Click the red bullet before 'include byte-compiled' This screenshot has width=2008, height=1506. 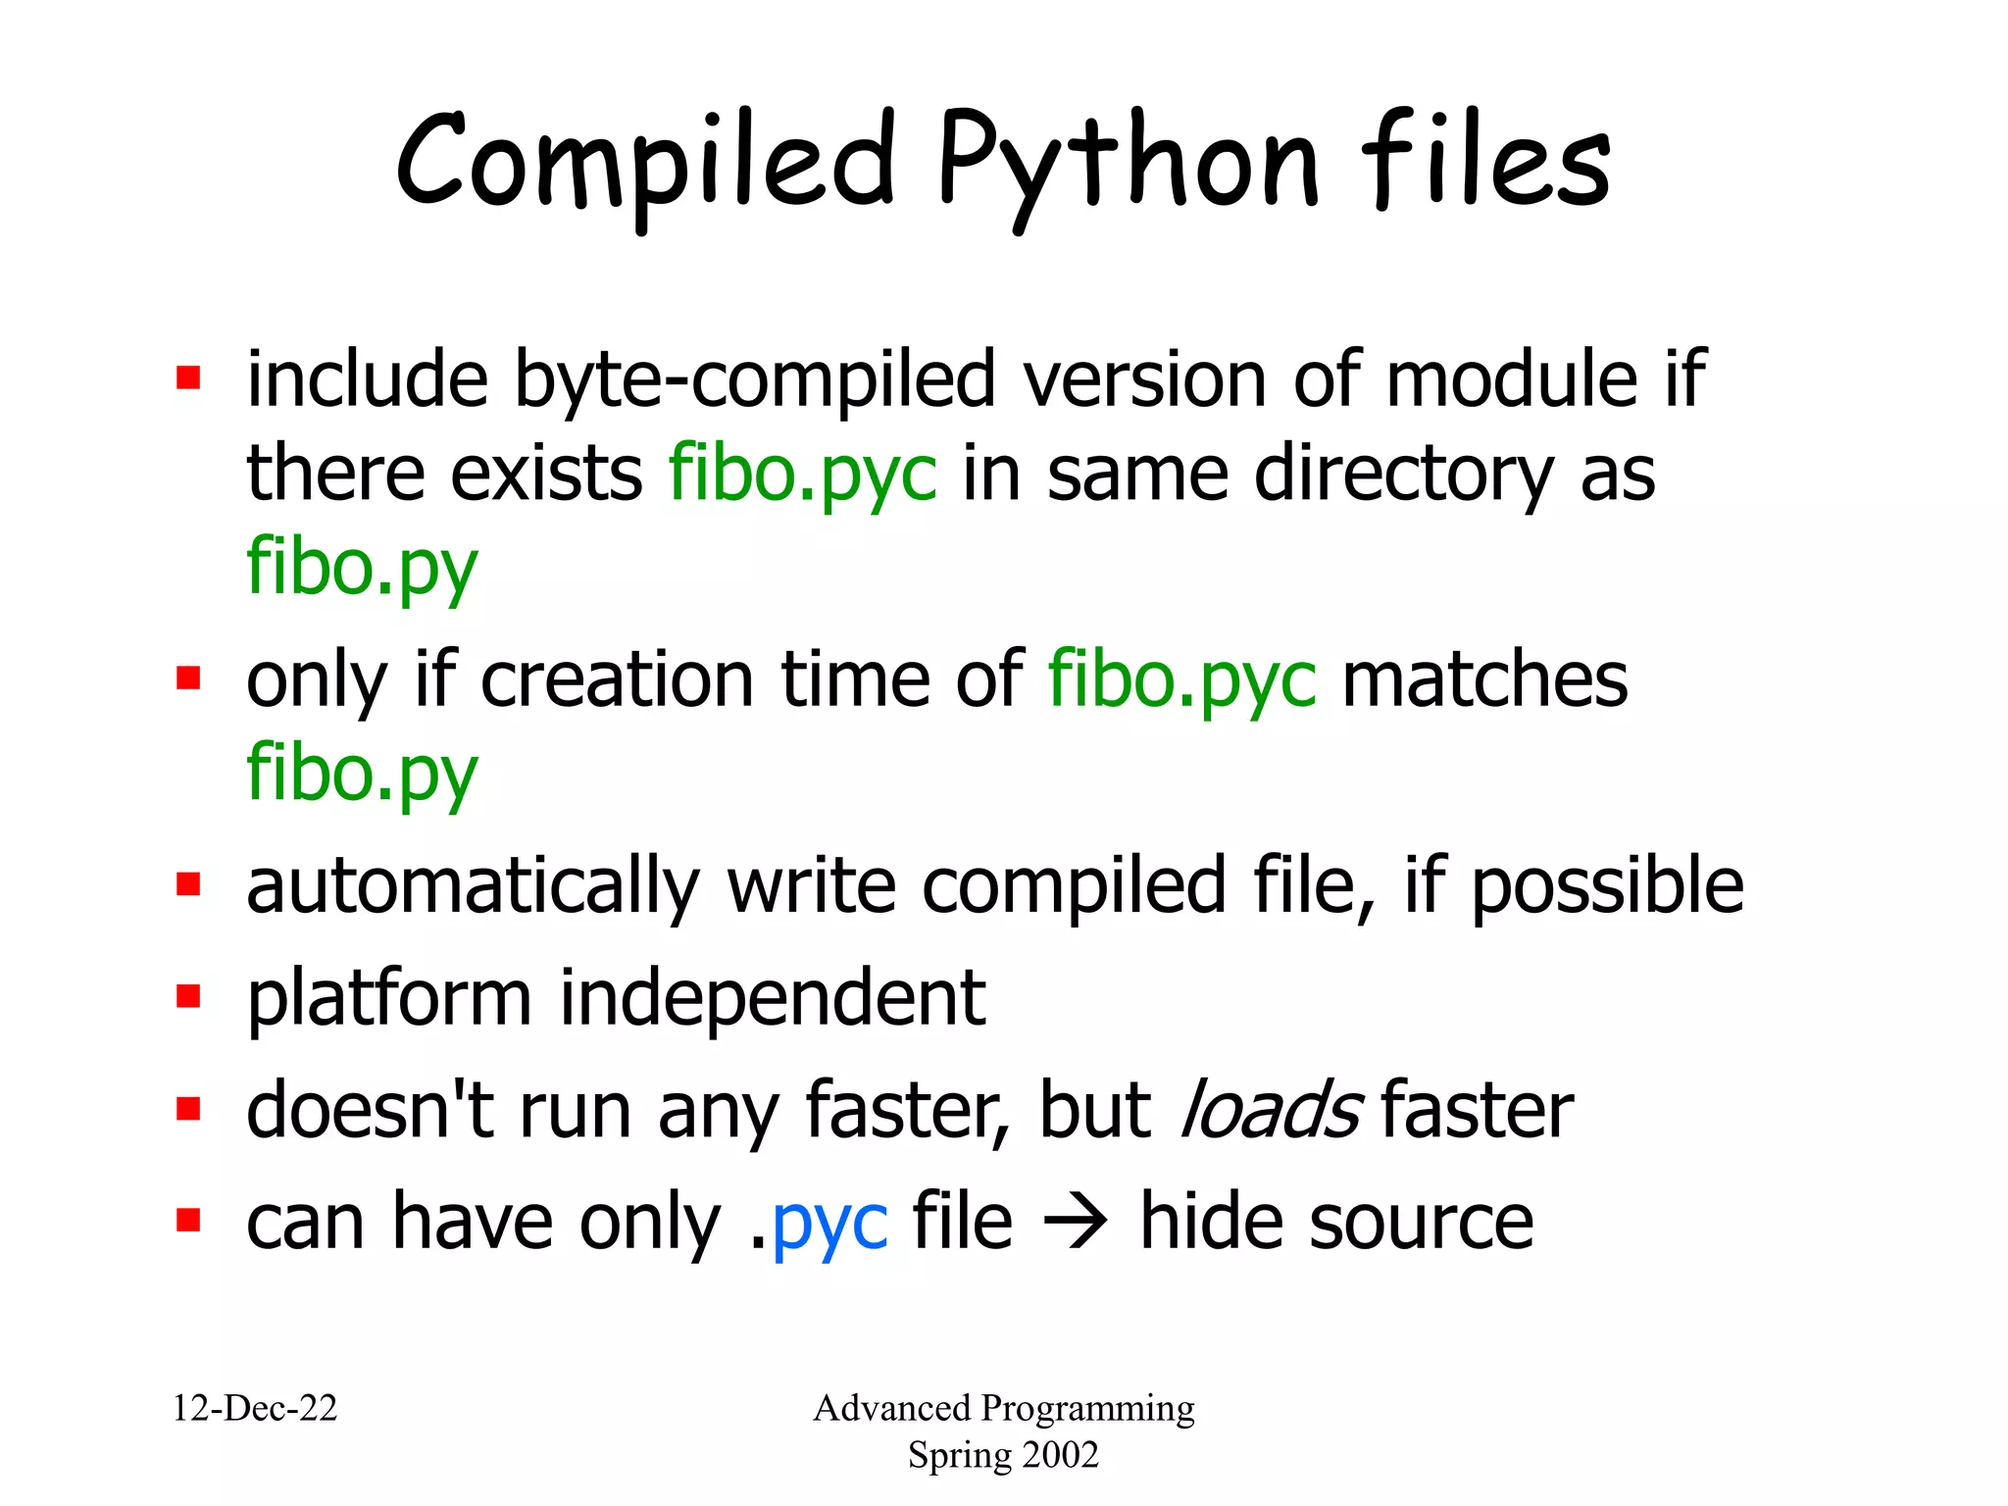coord(188,378)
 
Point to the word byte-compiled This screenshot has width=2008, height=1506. coord(755,380)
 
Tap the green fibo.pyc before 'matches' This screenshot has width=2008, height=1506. coord(1181,679)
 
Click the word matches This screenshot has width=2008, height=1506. coord(1484,679)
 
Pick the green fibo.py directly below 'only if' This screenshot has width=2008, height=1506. coord(362,774)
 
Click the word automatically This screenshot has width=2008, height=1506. coord(473,886)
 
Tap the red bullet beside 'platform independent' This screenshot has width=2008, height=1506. coord(188,997)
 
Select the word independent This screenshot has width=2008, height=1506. coord(772,998)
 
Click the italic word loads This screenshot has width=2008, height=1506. coord(1271,1110)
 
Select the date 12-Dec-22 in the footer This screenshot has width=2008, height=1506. coord(255,1409)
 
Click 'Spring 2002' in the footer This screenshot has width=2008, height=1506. coord(1003,1455)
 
